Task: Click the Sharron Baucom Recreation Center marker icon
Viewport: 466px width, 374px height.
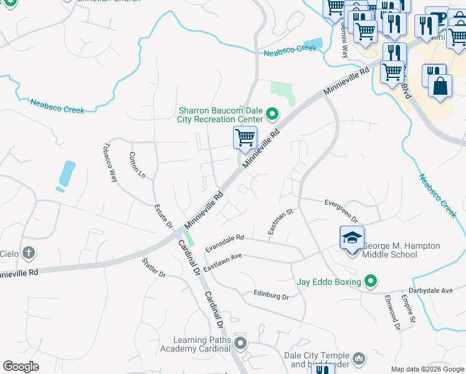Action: tap(272, 114)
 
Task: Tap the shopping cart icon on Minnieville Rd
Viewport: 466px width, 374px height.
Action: tap(245, 137)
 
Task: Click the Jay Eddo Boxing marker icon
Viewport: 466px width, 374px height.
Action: tap(371, 282)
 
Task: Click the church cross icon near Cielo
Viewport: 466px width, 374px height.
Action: tap(28, 253)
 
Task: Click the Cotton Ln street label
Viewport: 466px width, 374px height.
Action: tap(137, 166)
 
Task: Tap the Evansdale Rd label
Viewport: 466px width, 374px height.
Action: tap(225, 243)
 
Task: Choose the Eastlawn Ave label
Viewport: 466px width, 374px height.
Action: tap(222, 260)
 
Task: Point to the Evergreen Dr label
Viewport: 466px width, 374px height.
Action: tap(342, 210)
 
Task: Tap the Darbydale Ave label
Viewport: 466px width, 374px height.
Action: tap(430, 290)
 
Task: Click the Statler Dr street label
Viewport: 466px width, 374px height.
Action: tap(153, 267)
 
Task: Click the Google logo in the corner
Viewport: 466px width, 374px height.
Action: tap(21, 367)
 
